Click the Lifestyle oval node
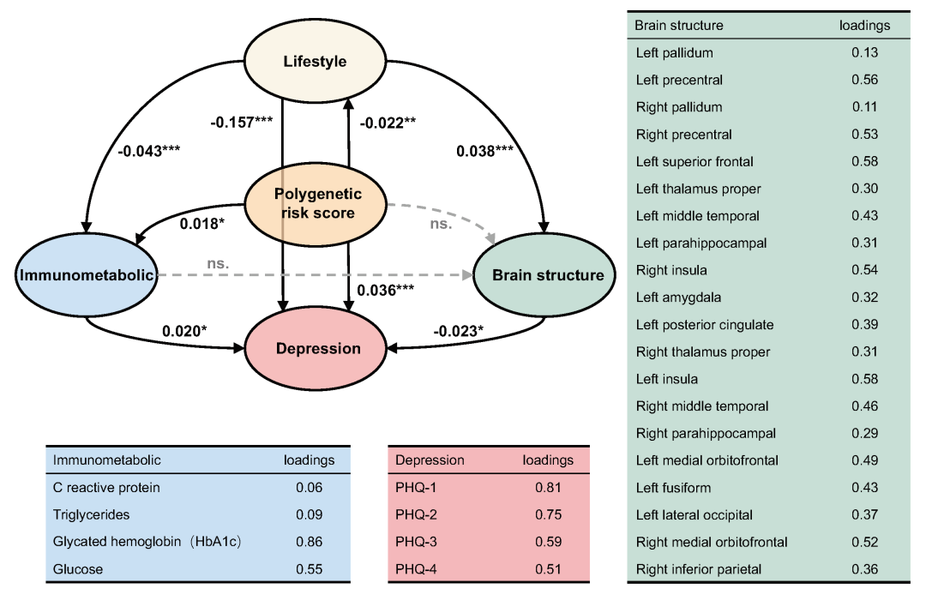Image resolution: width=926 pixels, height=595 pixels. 315,62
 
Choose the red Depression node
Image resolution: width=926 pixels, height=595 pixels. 317,348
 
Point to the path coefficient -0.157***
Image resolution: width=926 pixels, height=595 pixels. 242,122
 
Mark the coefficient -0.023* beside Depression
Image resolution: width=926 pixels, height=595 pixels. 460,330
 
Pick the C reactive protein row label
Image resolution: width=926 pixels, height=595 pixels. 106,488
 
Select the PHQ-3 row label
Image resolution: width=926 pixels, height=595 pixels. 418,542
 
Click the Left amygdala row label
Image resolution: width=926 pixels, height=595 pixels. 678,297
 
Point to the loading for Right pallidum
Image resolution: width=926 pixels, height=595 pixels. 864,107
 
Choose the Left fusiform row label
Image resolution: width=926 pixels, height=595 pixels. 674,488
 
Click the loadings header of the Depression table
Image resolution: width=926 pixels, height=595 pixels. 548,460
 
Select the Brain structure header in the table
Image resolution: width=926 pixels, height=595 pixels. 678,25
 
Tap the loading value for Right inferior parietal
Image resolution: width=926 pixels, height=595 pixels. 864,569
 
